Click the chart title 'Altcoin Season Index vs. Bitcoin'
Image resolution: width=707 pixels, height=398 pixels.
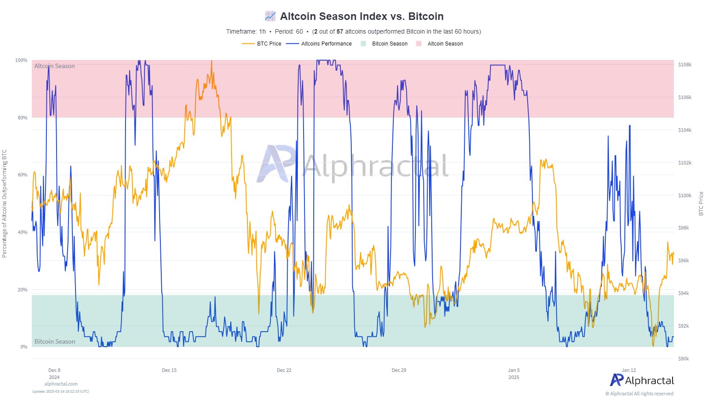pos(361,16)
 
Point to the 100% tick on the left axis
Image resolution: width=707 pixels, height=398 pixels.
pos(21,60)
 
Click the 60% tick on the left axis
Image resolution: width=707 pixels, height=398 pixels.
pos(23,175)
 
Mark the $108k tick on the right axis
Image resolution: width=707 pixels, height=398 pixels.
pos(684,65)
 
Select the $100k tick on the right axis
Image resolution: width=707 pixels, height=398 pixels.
pos(684,195)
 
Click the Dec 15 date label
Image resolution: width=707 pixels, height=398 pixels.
pos(169,370)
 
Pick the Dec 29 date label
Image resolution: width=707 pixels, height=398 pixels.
pos(399,370)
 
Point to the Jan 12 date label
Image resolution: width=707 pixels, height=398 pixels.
pos(628,370)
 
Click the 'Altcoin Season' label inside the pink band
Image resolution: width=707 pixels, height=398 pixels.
pos(55,66)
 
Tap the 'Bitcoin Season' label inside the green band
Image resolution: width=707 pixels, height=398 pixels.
pos(55,341)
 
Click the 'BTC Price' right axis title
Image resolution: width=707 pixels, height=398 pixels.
pos(701,204)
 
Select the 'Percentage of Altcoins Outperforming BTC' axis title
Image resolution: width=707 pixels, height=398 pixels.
pos(4,203)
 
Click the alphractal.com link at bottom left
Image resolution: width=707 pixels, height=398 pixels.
pos(61,384)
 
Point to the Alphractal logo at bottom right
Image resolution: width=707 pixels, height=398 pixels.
pos(642,380)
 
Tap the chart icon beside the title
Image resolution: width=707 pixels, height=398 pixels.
pos(270,16)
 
